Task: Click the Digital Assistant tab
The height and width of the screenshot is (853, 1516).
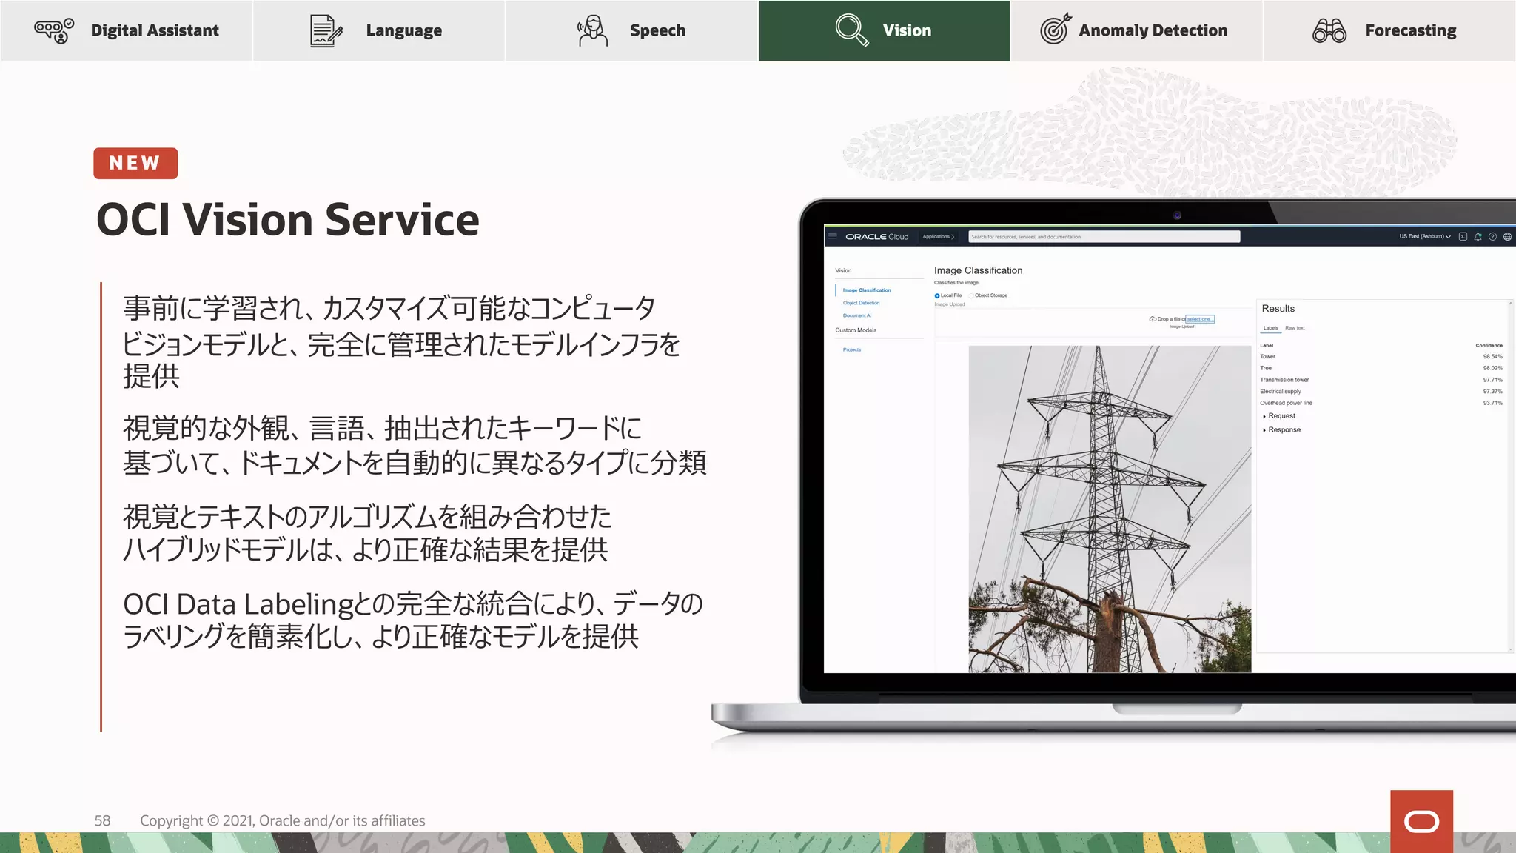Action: [x=127, y=30]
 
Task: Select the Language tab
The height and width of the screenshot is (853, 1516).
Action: [x=378, y=30]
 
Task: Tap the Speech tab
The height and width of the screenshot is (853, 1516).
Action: [x=631, y=30]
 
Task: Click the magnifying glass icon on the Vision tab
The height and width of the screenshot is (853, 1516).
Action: [x=851, y=30]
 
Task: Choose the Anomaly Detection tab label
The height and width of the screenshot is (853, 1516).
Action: [x=1153, y=30]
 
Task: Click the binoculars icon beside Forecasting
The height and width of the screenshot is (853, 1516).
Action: [x=1329, y=30]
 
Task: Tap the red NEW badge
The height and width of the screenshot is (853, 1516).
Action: [x=135, y=163]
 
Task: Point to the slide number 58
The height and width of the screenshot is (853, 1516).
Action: [x=102, y=820]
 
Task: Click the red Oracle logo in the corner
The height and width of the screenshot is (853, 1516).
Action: [x=1421, y=821]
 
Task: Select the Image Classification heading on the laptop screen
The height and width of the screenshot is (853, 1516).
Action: [x=978, y=270]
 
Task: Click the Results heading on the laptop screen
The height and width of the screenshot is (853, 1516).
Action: [x=1278, y=308]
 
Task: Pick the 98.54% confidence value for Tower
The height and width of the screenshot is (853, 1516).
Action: [x=1492, y=357]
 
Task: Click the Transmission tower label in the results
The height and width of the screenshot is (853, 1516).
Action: [x=1284, y=380]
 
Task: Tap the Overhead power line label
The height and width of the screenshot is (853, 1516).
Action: [x=1286, y=403]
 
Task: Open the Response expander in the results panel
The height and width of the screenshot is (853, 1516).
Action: [x=1283, y=429]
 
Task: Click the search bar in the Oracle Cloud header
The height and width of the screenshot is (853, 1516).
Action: [x=1104, y=237]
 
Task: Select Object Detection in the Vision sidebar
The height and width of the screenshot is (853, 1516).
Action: [x=861, y=303]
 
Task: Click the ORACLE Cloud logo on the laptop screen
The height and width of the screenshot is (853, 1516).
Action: [x=876, y=237]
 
